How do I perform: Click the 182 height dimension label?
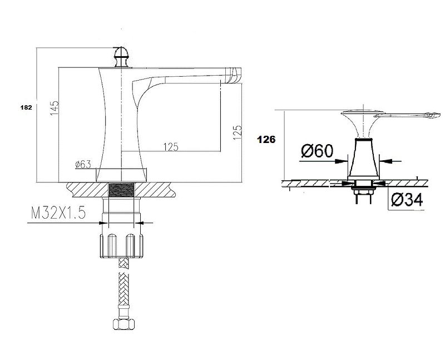pyautogui.click(x=26, y=107)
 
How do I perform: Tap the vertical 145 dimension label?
pyautogui.click(x=55, y=108)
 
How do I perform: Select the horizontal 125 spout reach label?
pyautogui.click(x=171, y=147)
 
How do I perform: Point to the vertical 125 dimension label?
pyautogui.click(x=238, y=132)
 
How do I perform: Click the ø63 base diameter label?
pyautogui.click(x=83, y=164)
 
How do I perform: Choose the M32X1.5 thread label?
pyautogui.click(x=58, y=213)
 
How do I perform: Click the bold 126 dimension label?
pyautogui.click(x=266, y=140)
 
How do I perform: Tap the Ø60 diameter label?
pyautogui.click(x=317, y=151)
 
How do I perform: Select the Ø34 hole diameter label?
pyautogui.click(x=407, y=200)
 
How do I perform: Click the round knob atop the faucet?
pyautogui.click(x=121, y=57)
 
